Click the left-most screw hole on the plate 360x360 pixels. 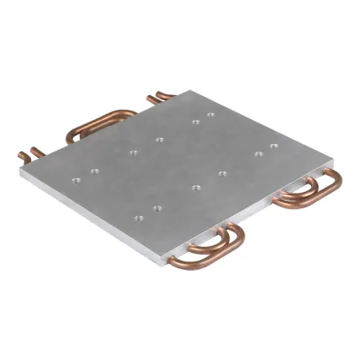pyautogui.click(x=76, y=180)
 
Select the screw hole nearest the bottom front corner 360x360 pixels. pyautogui.click(x=157, y=207)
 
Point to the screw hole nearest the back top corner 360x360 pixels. pyautogui.click(x=210, y=113)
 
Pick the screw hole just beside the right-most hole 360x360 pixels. pyautogui.click(x=258, y=154)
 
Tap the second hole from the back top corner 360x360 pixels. pyautogui.click(x=196, y=122)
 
